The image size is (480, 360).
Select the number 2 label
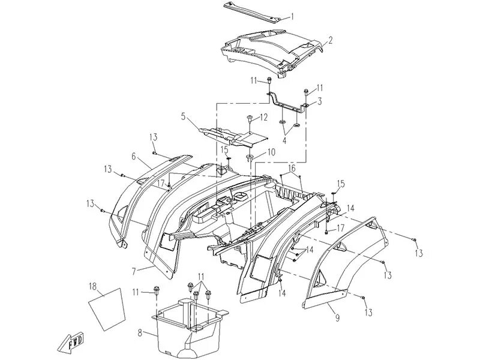pyautogui.click(x=330, y=41)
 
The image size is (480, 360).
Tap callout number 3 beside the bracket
pyautogui.click(x=320, y=102)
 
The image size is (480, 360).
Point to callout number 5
pyautogui.click(x=183, y=116)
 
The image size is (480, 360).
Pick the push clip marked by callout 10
pyautogui.click(x=250, y=157)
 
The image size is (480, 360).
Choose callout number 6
pyautogui.click(x=134, y=155)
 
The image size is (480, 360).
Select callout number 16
pyautogui.click(x=292, y=168)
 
